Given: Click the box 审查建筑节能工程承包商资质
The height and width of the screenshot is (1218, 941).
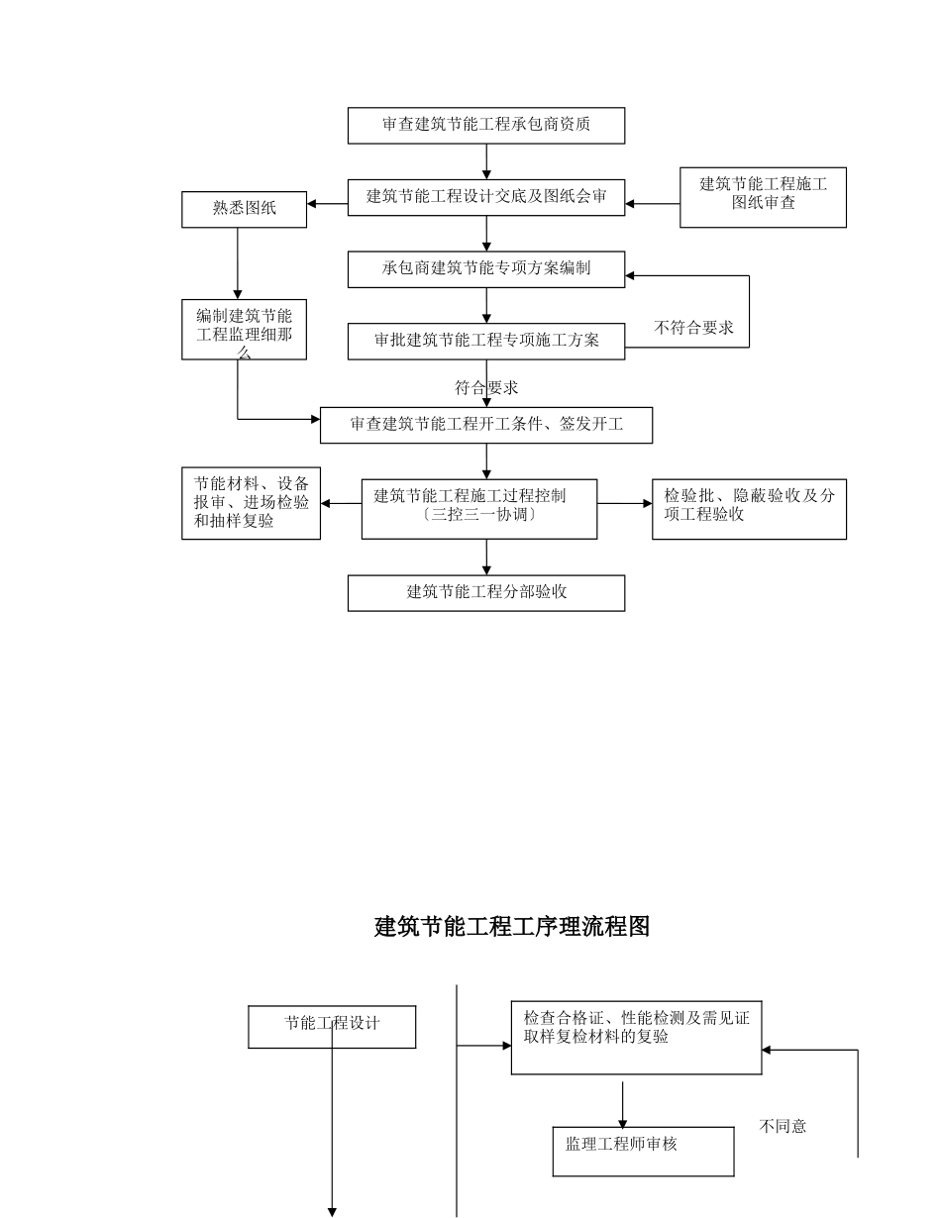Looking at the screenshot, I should [485, 125].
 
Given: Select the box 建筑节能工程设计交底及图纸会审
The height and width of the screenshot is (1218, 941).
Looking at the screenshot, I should [485, 197].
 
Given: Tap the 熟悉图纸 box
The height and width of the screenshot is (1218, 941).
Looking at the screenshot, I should [244, 209].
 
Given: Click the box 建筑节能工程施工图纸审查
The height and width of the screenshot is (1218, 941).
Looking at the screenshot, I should [763, 197].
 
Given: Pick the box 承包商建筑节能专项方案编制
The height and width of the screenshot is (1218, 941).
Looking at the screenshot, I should [485, 268].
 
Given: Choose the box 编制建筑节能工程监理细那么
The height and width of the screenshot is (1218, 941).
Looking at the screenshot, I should [244, 329].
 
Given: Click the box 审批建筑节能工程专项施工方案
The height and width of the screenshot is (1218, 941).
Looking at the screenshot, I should [485, 341].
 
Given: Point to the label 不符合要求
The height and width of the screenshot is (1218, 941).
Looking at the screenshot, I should [693, 329].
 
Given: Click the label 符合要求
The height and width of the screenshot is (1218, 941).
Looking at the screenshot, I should [485, 387].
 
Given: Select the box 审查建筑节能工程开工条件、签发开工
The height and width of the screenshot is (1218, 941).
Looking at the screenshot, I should [485, 425].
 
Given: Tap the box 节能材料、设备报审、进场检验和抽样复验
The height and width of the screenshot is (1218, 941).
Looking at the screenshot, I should [251, 503].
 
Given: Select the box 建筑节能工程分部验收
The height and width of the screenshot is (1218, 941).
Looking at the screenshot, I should [485, 593].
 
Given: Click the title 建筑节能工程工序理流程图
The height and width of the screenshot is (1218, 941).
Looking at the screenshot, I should [511, 927].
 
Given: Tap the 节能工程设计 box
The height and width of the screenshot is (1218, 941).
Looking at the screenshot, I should [331, 1026].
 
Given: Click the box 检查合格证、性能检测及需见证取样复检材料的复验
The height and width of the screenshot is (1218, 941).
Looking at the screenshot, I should [636, 1037].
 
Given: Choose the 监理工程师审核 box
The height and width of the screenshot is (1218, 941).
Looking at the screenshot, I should [643, 1151].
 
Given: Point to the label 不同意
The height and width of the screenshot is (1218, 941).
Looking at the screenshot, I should [783, 1126].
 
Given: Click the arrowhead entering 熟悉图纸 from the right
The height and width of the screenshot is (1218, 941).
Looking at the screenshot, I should [312, 205].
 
